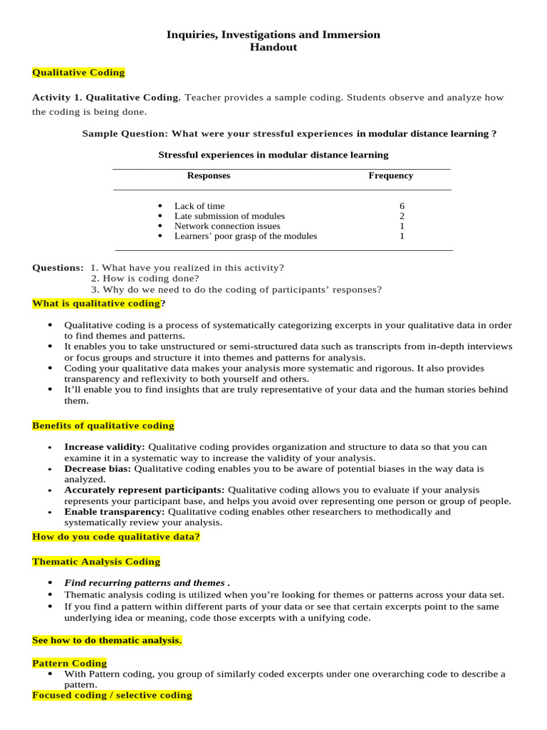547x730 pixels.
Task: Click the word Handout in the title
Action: (273, 48)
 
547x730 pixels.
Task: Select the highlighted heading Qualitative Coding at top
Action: (78, 73)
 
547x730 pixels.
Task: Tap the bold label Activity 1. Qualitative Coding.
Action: (107, 98)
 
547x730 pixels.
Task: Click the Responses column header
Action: (209, 175)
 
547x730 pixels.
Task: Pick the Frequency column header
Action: (390, 175)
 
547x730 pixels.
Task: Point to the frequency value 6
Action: (402, 206)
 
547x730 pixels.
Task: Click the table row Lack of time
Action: (199, 206)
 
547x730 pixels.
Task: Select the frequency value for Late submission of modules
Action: (402, 216)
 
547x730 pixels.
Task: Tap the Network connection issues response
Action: (227, 226)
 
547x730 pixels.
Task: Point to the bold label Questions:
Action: (58, 268)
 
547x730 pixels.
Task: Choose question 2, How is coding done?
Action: (145, 279)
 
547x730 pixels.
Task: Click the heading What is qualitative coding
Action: (96, 304)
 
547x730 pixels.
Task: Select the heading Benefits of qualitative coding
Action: (103, 426)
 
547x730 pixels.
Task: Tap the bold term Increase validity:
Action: (105, 447)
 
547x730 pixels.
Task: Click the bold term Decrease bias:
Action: (98, 469)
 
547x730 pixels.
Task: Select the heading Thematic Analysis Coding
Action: (96, 562)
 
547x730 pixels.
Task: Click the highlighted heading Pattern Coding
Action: (70, 664)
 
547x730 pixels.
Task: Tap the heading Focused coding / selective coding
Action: (112, 695)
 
